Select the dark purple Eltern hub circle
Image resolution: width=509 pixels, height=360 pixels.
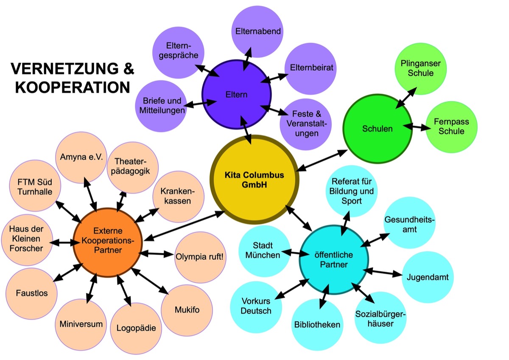(236, 94)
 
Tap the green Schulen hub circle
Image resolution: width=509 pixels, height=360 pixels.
(377, 128)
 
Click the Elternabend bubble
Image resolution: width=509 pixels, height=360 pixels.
(257, 31)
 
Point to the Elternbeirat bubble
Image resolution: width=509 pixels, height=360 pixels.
(311, 67)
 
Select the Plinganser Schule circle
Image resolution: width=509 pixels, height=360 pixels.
(420, 68)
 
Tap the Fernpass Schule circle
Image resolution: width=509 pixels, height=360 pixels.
(451, 127)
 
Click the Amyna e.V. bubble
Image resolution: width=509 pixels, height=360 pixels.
(81, 157)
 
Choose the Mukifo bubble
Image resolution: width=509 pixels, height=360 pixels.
(187, 309)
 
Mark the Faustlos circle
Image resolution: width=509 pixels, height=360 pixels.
(31, 293)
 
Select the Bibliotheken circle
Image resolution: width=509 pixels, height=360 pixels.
(317, 325)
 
